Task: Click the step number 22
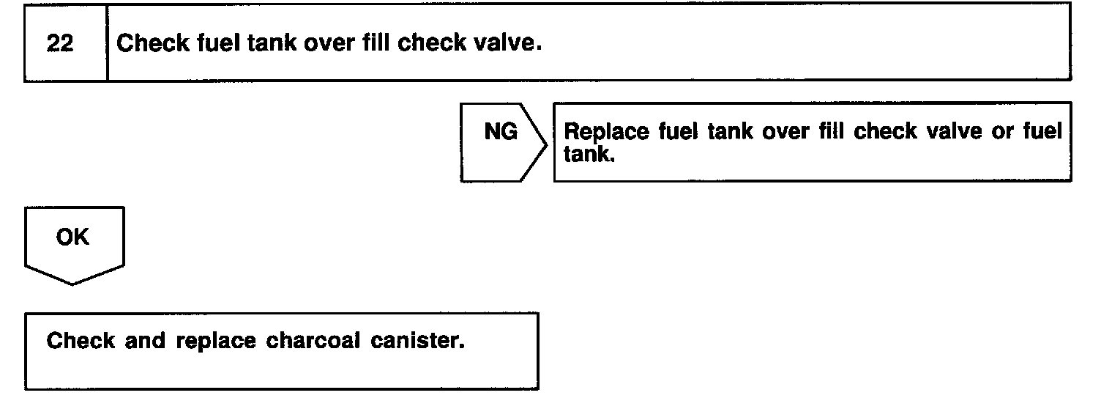[59, 44]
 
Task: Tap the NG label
[501, 133]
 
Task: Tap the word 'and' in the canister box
[124, 342]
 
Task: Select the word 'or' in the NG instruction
[1000, 133]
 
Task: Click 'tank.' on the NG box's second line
[589, 155]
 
